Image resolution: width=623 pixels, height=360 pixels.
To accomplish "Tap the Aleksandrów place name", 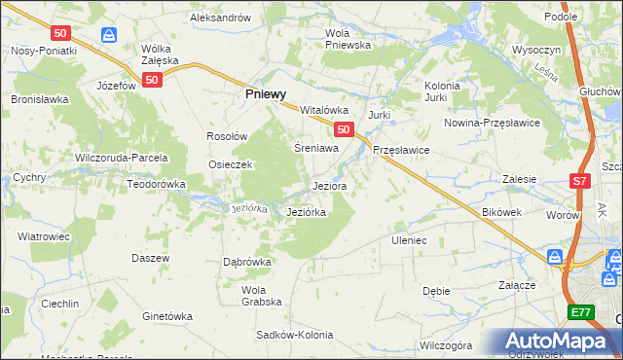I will click(x=220, y=18).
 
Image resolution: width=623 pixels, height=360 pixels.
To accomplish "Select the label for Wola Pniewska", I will click(x=348, y=39).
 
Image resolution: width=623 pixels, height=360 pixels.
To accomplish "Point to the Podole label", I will click(x=588, y=17).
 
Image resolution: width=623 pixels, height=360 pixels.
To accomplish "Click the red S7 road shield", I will click(x=580, y=180).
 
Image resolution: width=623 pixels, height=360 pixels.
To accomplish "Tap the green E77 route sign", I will click(x=581, y=311).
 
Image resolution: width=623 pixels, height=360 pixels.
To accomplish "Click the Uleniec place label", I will click(x=409, y=239).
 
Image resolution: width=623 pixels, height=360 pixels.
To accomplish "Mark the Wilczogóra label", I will click(x=445, y=345).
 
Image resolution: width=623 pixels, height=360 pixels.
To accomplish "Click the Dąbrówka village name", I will click(x=246, y=262).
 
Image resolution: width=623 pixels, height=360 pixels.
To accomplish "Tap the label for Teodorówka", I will click(x=156, y=183).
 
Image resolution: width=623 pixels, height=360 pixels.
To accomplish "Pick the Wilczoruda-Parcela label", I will click(x=122, y=157).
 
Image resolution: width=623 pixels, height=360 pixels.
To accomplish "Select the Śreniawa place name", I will click(x=316, y=149).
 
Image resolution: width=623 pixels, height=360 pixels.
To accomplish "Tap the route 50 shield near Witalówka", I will click(x=342, y=128).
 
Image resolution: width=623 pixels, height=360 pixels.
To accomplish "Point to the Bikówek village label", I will click(x=502, y=211).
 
